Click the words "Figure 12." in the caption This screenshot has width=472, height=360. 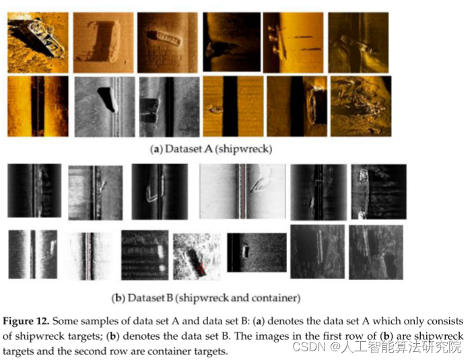point(26,321)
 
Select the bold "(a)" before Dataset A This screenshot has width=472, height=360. point(156,149)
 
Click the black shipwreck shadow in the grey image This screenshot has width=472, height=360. point(107,98)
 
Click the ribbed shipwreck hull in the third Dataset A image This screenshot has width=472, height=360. point(164,38)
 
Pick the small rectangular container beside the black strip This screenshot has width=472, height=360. point(246,252)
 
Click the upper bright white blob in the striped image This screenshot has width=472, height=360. point(161,252)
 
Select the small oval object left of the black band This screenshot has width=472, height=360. point(215,110)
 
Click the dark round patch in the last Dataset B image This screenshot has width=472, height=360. point(390,262)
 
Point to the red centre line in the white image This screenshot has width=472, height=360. point(243,191)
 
